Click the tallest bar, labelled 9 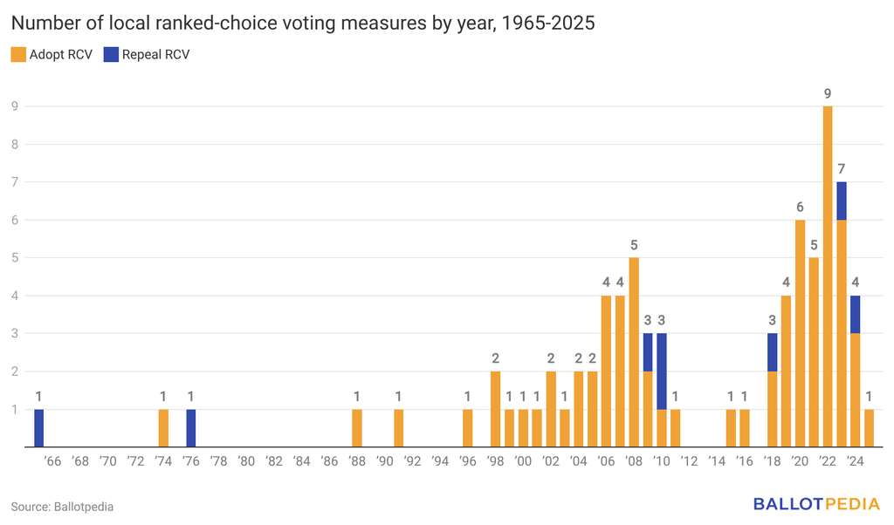click(828, 276)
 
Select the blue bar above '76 click(191, 428)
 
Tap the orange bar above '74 click(163, 428)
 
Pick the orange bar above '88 click(357, 428)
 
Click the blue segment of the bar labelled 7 click(842, 201)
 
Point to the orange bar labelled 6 click(800, 334)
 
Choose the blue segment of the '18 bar click(772, 352)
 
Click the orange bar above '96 click(468, 428)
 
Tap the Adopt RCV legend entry click(52, 55)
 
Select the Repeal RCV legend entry click(147, 55)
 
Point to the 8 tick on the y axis click(15, 144)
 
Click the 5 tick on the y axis click(15, 258)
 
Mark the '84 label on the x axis click(301, 461)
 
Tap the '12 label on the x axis click(690, 461)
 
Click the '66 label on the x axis click(52, 461)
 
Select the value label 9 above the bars click(828, 94)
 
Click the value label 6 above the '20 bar click(800, 208)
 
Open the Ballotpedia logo click(816, 504)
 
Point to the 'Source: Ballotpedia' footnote click(62, 507)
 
